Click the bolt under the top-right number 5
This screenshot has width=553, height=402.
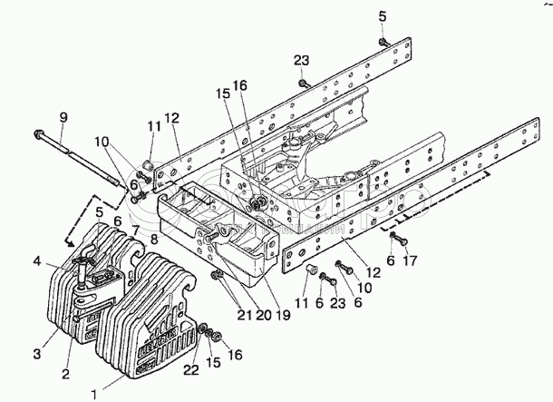[x=384, y=41]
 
